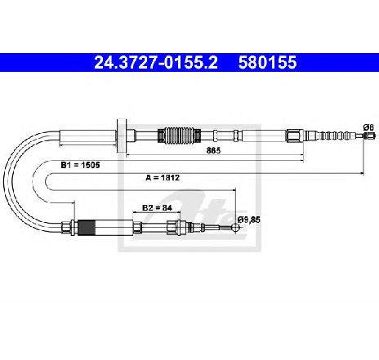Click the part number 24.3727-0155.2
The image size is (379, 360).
coord(156,62)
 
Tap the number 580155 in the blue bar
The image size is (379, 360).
coord(267,62)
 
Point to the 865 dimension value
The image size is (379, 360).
coord(213,150)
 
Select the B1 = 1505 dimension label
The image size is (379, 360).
coord(80,165)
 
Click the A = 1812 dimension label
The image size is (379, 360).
coord(163,178)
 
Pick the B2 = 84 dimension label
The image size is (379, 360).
coord(157,208)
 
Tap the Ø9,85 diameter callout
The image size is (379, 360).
coord(248,220)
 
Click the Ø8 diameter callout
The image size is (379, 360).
coord(368,127)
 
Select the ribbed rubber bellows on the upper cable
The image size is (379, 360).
coord(180,135)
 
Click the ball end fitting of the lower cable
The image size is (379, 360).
coord(235,228)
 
